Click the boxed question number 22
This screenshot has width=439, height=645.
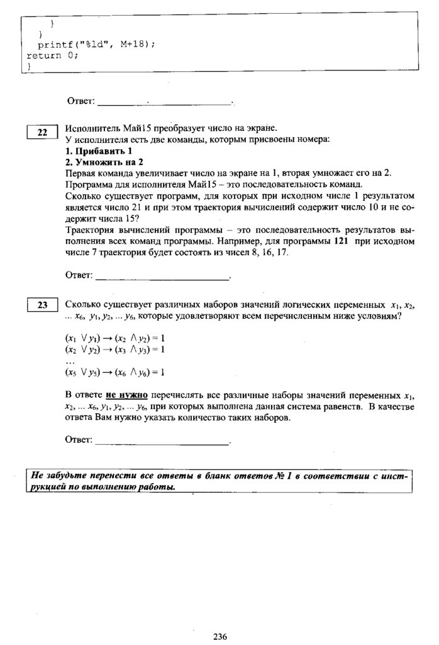(42, 132)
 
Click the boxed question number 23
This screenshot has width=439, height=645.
(42, 305)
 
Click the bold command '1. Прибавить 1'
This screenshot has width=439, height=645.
(99, 151)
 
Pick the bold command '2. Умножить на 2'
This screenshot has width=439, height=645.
(104, 162)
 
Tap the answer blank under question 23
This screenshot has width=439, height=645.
(162, 443)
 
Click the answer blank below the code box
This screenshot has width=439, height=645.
(165, 101)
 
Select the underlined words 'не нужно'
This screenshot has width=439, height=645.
(126, 395)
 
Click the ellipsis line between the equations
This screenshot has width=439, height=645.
(70, 360)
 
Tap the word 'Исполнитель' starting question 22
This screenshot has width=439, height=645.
(89, 128)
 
